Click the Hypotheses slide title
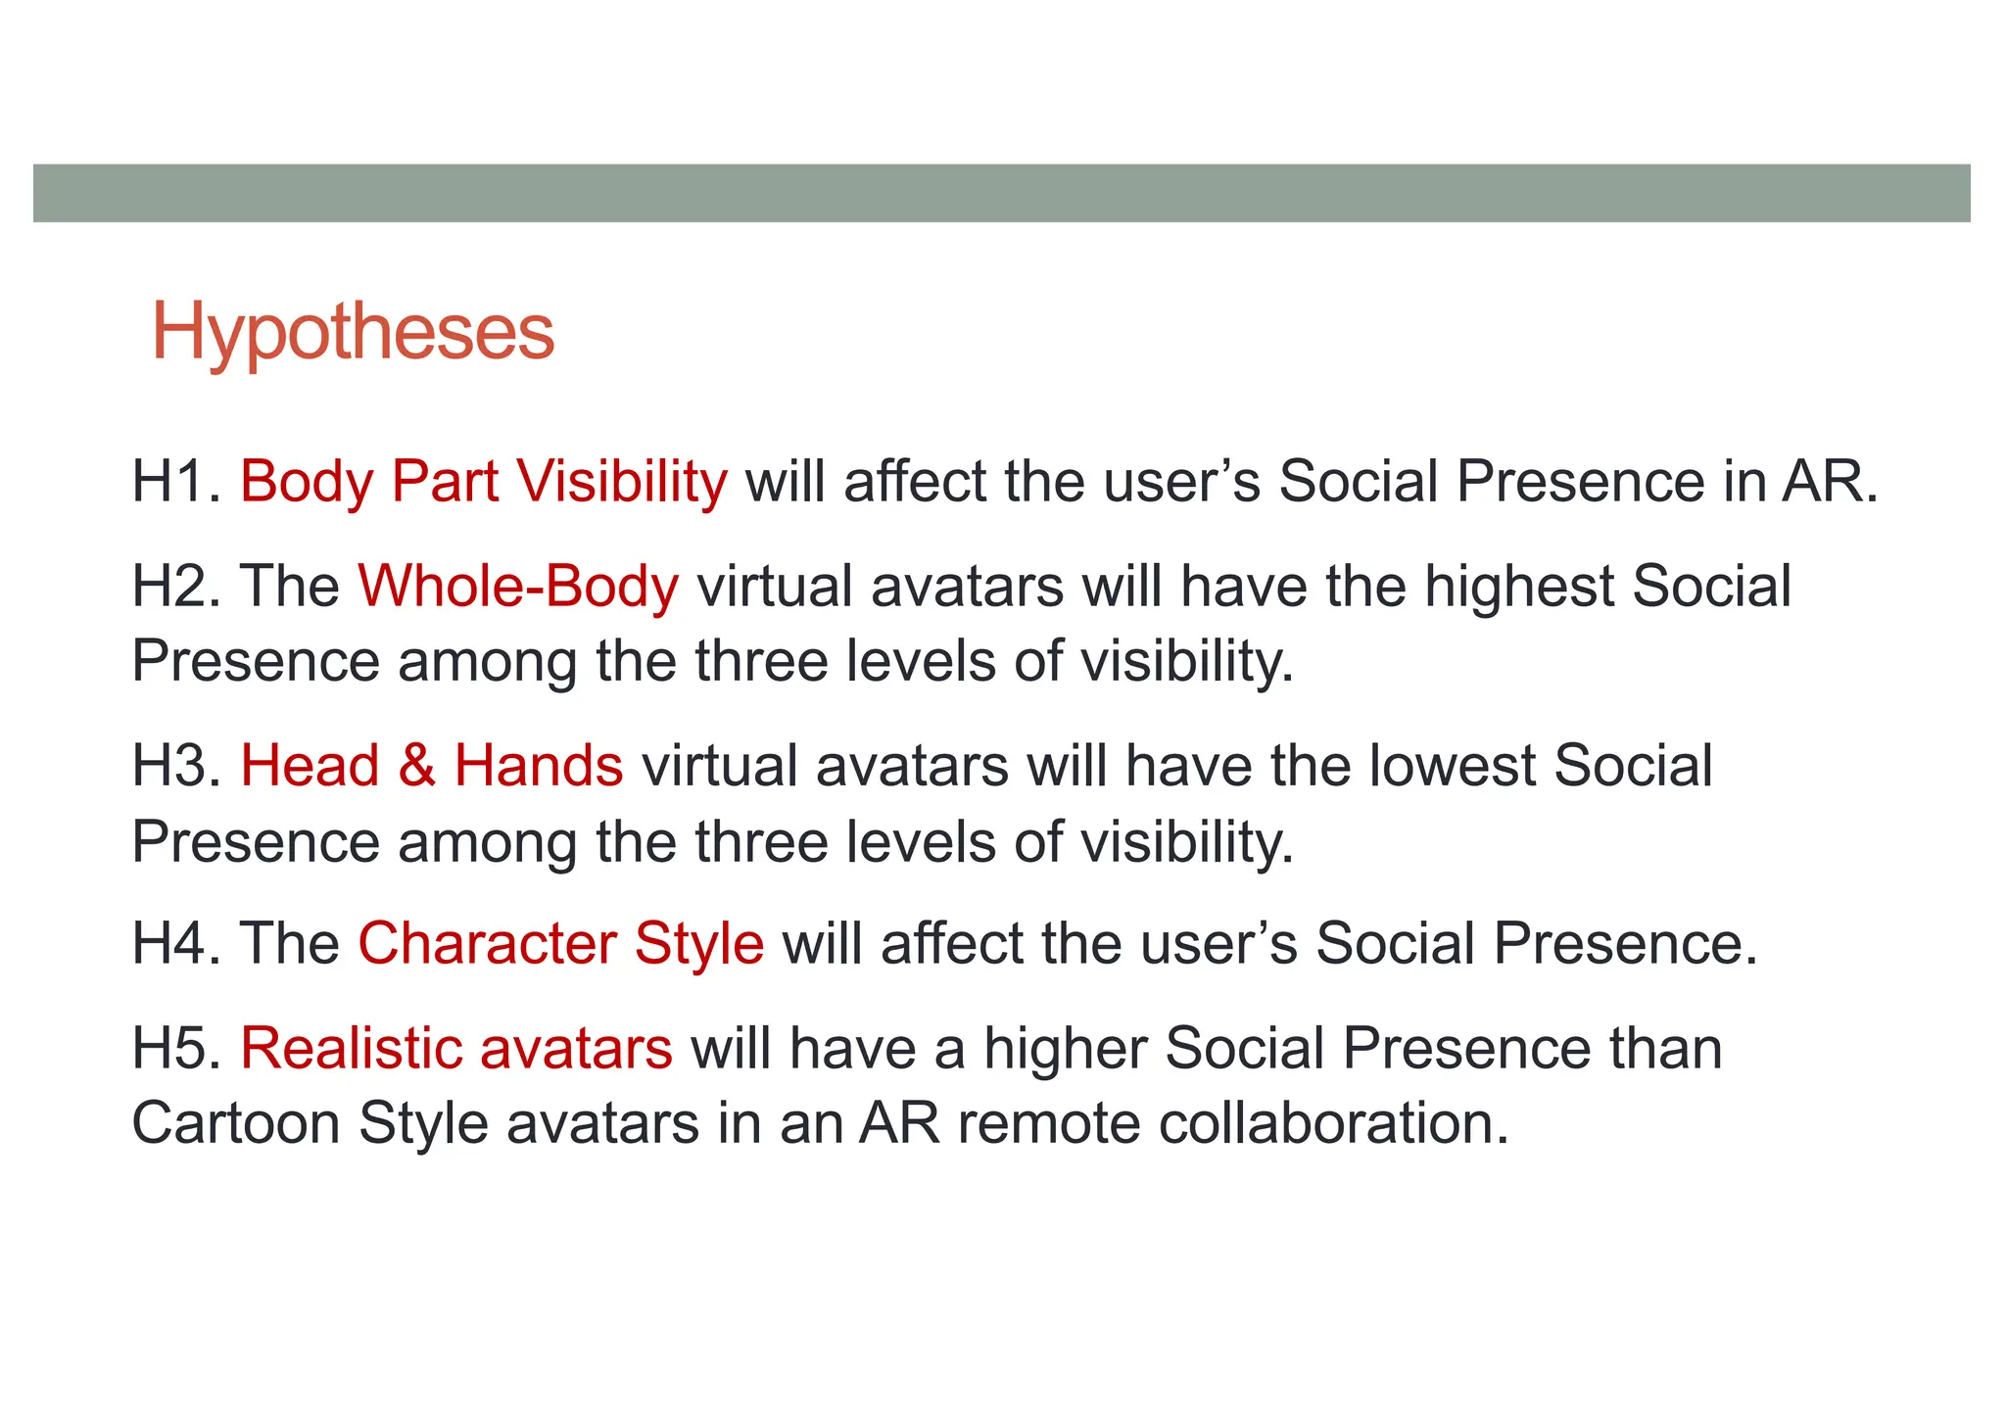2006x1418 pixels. [353, 333]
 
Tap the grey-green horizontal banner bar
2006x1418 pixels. [1001, 193]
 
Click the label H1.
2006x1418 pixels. [176, 482]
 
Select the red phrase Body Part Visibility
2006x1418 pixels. [484, 482]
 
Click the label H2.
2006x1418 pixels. [176, 587]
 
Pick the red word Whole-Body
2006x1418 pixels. [518, 587]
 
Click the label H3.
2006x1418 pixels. [176, 766]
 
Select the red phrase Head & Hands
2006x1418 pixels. [432, 766]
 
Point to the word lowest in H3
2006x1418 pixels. [1452, 766]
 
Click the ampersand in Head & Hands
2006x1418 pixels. [416, 766]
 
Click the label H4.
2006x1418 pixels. [176, 944]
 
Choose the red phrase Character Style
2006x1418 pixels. [560, 944]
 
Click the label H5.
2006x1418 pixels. [176, 1049]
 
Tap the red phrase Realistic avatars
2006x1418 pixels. [456, 1049]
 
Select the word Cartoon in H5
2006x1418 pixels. [235, 1123]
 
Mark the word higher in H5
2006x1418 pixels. [1066, 1049]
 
